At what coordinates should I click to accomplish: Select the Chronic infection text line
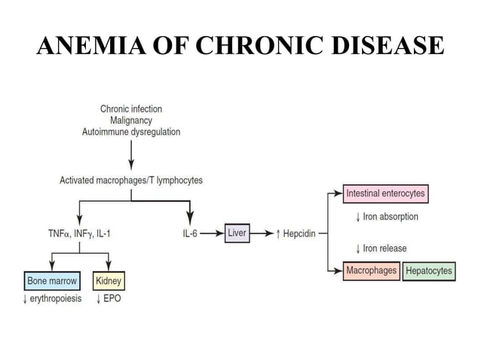point(131,109)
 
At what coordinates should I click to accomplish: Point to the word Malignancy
point(131,121)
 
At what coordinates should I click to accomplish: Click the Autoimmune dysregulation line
point(131,132)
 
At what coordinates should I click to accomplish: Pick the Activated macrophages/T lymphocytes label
point(131,181)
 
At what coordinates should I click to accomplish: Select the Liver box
point(237,233)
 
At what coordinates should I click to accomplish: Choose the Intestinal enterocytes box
point(384,194)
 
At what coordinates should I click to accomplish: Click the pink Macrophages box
point(371,270)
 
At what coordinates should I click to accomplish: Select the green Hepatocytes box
point(429,271)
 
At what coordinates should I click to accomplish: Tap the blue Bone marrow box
point(52,282)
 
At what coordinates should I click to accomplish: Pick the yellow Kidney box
point(109,282)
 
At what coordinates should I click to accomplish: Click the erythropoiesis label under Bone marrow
point(52,298)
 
